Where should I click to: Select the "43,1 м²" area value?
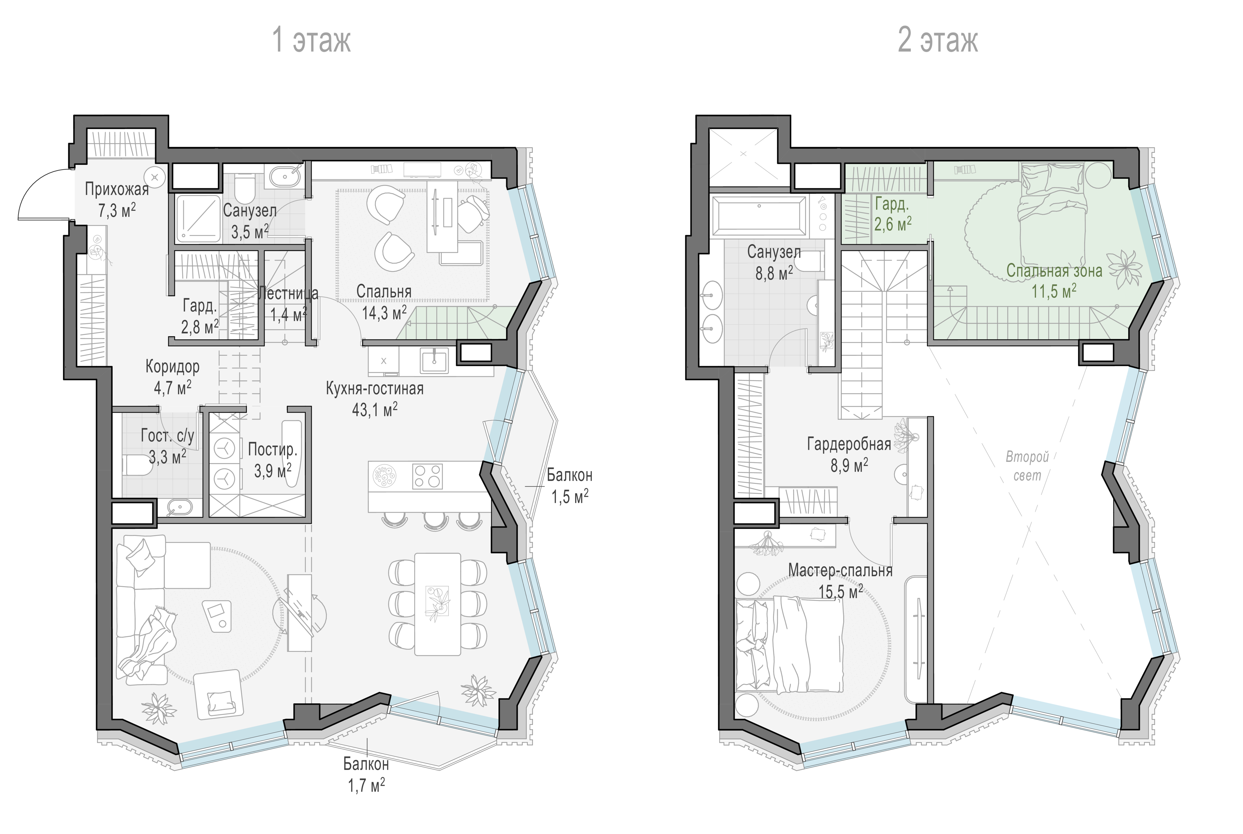click(375, 409)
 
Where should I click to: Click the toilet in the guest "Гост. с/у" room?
click(133, 464)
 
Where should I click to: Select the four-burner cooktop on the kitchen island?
click(427, 476)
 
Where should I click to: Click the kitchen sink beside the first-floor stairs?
click(434, 360)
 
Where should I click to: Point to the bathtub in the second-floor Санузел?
click(759, 215)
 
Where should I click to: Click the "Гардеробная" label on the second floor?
click(849, 444)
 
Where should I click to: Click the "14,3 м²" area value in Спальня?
click(384, 313)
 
